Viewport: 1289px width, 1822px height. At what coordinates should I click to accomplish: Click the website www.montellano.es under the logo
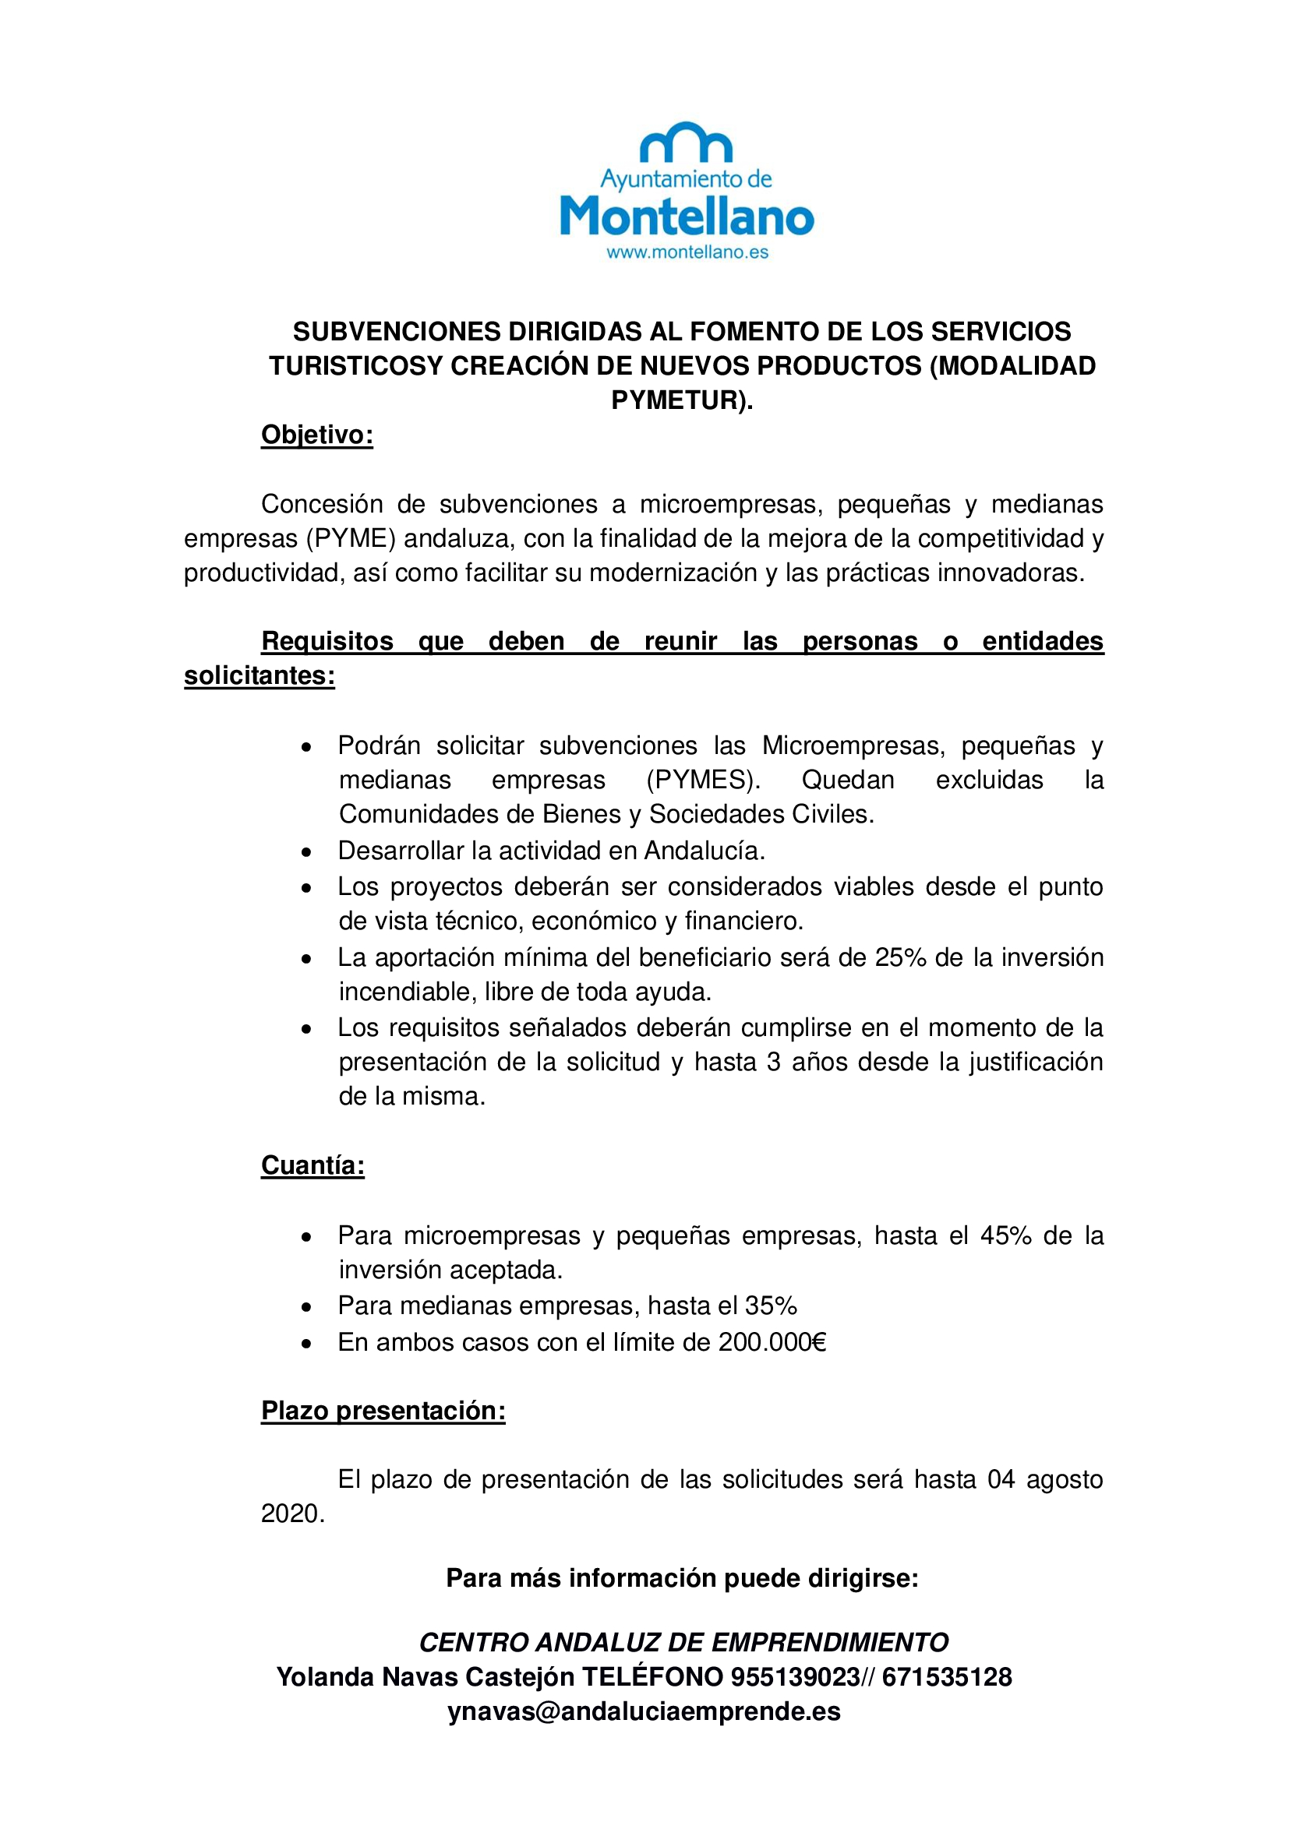[687, 252]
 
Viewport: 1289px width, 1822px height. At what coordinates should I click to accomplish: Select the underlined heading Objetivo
[316, 435]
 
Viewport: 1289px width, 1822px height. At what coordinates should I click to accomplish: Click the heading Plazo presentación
[383, 1410]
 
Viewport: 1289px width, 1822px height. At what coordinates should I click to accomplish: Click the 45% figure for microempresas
[1005, 1235]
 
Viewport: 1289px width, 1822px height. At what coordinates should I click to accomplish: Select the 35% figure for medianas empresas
[771, 1306]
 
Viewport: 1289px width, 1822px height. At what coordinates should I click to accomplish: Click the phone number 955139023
[796, 1677]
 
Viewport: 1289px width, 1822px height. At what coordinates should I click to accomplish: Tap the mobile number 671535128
[947, 1677]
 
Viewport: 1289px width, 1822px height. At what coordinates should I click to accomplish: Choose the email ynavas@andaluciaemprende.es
[644, 1711]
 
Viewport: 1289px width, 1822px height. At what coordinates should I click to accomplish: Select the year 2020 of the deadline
[293, 1514]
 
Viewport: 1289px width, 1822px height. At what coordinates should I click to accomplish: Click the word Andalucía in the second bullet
[704, 851]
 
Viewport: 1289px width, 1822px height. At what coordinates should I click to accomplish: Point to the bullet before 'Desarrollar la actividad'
[306, 852]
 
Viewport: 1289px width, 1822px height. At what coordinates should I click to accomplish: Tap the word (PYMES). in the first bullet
[703, 780]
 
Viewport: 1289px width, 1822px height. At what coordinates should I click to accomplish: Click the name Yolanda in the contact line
[327, 1677]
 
